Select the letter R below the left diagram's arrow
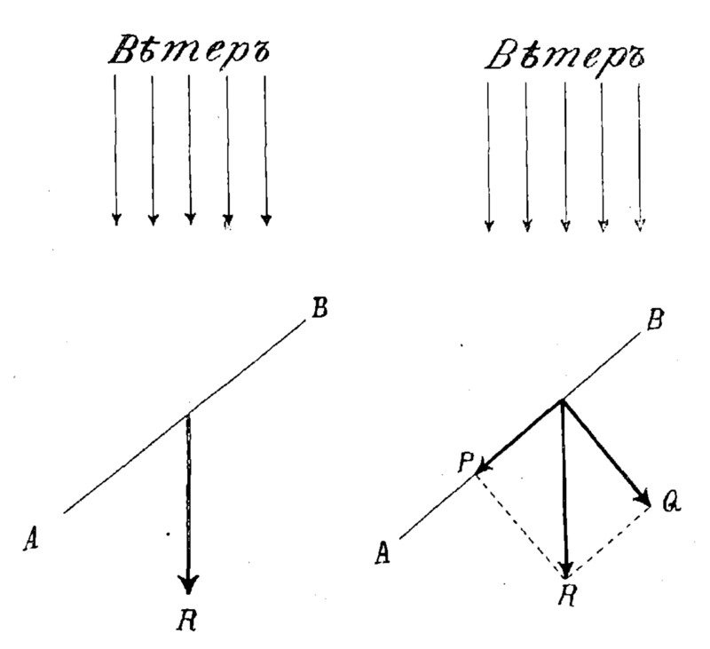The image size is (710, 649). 187,620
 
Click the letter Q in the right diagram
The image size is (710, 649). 672,503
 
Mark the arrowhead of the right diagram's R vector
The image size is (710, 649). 567,566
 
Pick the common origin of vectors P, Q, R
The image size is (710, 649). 562,400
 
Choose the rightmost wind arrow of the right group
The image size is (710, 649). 640,155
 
